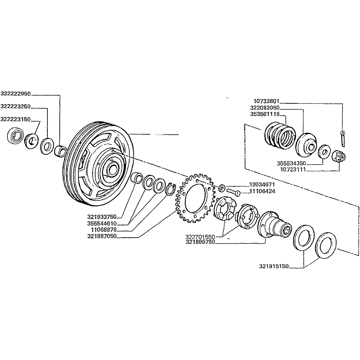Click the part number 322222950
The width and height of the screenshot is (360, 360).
[x=16, y=94]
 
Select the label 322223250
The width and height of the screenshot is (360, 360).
[x=16, y=106]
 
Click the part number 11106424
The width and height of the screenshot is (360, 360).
[x=262, y=192]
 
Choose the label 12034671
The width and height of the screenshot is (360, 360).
[x=262, y=184]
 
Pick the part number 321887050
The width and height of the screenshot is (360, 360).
[x=102, y=236]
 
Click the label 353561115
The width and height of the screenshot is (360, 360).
[x=265, y=114]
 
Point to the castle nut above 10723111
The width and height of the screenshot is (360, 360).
[x=338, y=155]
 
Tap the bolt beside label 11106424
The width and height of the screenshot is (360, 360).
[x=233, y=192]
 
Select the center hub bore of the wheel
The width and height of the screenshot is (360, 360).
[x=111, y=168]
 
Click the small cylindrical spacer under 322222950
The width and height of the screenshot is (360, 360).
[x=60, y=152]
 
